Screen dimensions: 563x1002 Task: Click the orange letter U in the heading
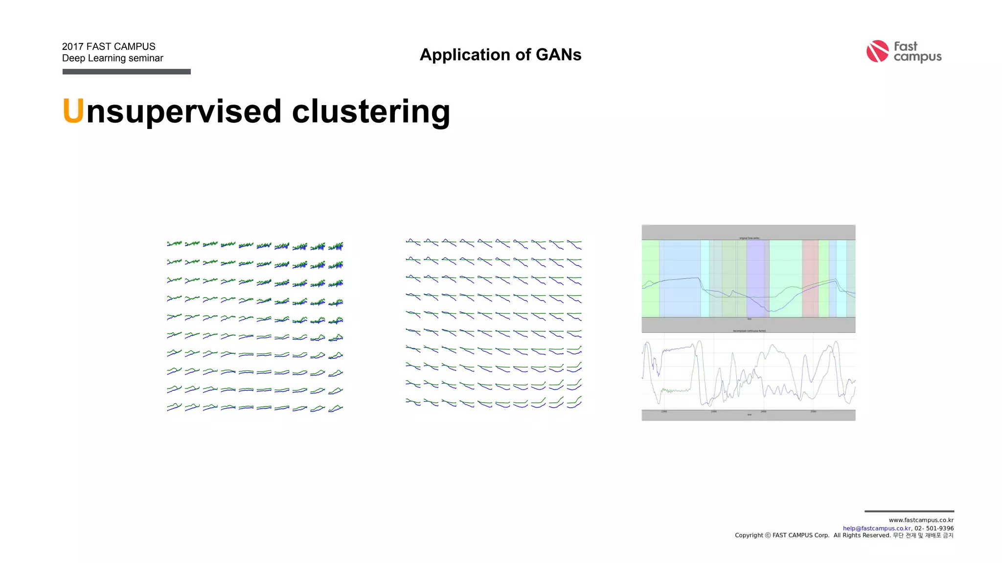73,111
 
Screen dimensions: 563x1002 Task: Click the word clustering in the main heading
370,112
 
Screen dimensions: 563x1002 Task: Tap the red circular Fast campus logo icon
877,51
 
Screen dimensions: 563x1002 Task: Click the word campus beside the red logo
917,57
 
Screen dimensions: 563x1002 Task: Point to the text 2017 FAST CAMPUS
109,46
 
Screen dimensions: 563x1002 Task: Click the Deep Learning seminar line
113,58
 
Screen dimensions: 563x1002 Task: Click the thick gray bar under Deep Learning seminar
126,72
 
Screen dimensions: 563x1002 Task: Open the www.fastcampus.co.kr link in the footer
921,520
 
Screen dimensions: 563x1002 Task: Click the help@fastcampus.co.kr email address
876,528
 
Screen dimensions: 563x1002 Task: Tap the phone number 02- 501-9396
934,528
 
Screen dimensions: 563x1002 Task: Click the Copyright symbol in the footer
768,536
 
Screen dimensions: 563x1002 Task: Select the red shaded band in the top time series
810,279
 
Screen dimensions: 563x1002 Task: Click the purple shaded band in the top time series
756,279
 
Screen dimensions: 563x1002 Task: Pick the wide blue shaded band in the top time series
680,279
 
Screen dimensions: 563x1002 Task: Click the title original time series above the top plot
749,238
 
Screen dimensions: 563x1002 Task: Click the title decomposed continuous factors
749,331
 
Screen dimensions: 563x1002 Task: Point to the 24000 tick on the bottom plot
763,412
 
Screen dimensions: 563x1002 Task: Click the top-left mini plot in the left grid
174,243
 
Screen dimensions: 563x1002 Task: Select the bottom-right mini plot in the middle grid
574,402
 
